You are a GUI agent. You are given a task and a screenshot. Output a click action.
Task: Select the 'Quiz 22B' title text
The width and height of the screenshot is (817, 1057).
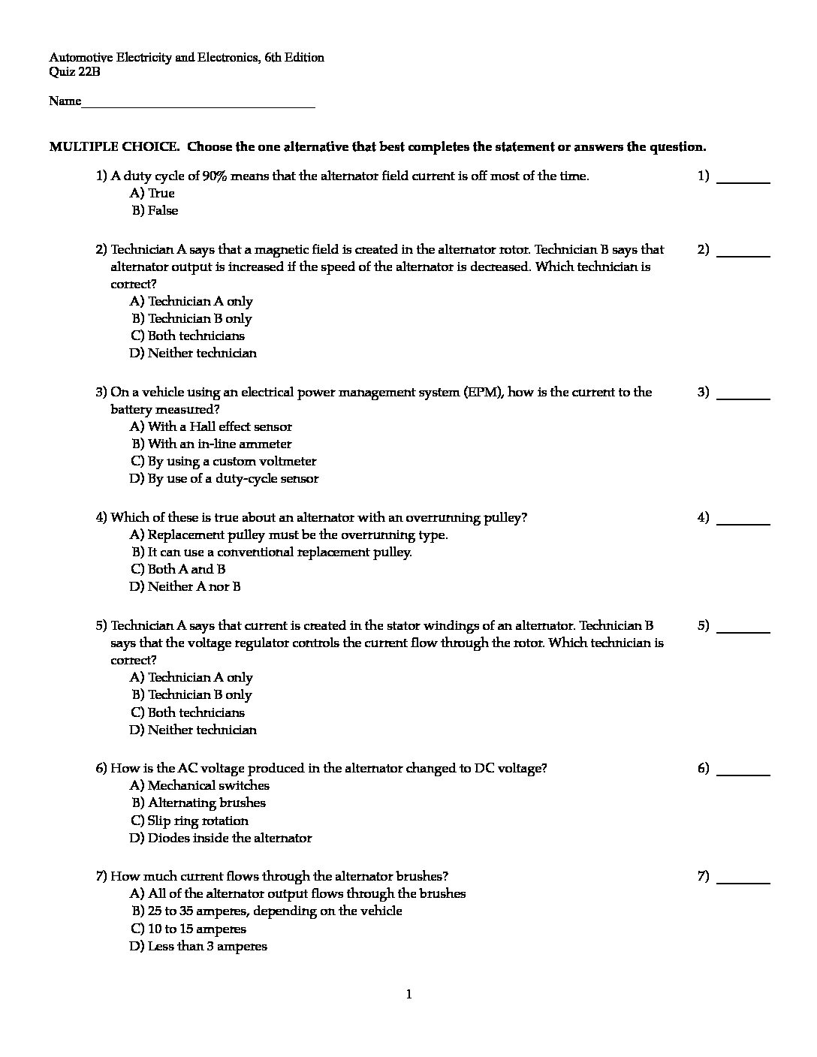tap(74, 72)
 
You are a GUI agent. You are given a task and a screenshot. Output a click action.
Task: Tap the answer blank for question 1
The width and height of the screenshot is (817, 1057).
tap(743, 181)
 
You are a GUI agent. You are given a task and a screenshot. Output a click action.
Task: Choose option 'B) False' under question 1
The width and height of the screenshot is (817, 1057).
tap(155, 211)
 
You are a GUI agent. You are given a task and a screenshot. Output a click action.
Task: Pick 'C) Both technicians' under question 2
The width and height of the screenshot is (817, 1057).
tap(188, 336)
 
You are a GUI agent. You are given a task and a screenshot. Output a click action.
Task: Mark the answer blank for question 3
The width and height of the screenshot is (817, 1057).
tap(743, 397)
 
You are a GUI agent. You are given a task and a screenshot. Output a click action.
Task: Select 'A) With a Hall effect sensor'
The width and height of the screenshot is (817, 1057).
tap(211, 427)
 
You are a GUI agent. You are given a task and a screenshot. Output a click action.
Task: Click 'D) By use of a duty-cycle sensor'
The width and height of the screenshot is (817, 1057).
tap(224, 479)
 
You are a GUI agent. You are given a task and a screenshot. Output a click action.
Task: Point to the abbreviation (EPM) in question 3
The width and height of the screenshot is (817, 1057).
tap(484, 392)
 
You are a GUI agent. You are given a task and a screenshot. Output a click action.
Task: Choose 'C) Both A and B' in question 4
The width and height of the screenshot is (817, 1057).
tap(178, 570)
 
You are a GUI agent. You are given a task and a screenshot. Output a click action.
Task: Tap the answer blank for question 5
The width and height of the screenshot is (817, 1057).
tap(743, 631)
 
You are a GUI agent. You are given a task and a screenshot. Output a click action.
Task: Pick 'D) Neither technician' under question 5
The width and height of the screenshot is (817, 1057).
tap(193, 730)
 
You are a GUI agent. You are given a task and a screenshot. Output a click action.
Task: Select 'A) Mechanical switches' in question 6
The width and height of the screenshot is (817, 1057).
tap(200, 786)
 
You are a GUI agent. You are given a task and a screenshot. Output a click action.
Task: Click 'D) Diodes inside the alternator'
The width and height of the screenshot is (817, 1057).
tap(221, 839)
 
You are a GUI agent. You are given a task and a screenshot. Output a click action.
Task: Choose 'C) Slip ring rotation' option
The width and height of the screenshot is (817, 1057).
tap(189, 821)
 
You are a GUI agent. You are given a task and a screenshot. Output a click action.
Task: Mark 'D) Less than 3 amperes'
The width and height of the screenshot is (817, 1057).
tap(198, 947)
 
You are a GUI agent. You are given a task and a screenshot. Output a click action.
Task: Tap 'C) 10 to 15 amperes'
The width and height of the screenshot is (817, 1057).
tap(188, 929)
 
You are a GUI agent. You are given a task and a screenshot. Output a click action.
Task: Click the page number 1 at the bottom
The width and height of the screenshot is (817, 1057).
tap(408, 995)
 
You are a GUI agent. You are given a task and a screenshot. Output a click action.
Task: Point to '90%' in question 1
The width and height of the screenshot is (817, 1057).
tap(215, 176)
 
